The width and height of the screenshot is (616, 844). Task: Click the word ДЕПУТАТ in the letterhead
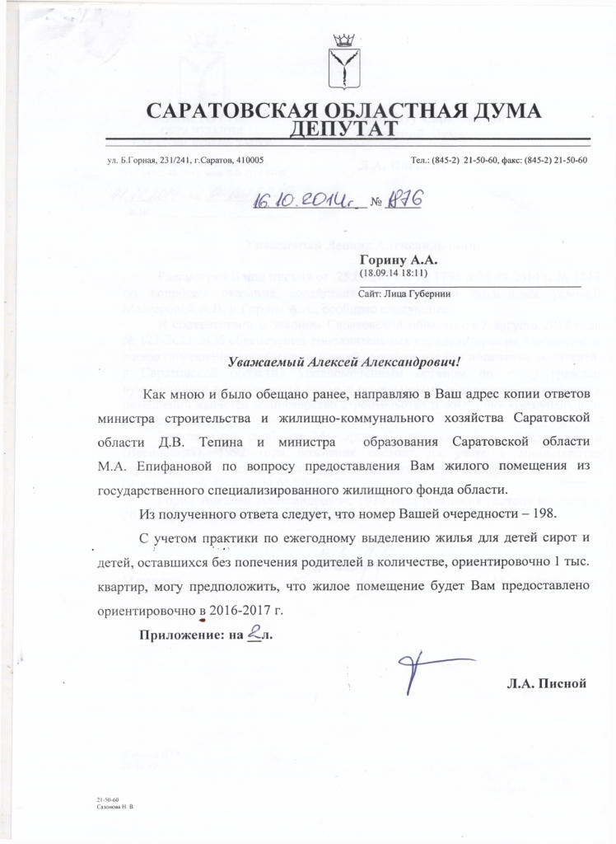click(345, 128)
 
